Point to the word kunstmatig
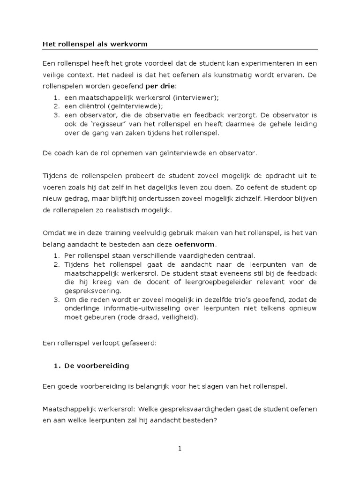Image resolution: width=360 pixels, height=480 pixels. pos(229,75)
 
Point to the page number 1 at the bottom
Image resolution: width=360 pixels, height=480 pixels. pos(180,449)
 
